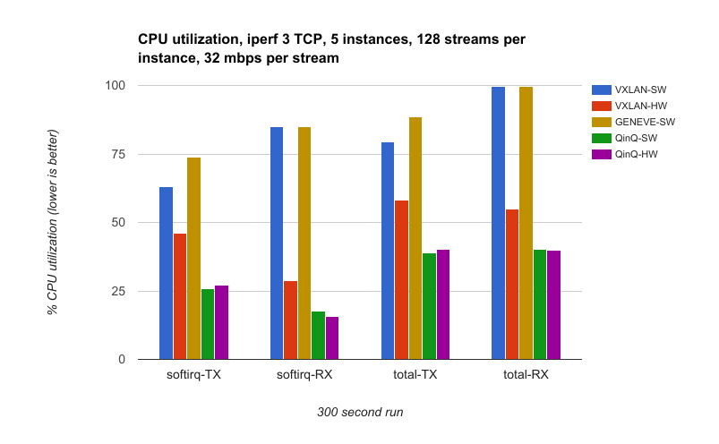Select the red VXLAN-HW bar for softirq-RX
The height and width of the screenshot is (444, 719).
click(x=290, y=320)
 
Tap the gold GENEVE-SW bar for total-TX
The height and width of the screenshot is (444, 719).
click(x=415, y=238)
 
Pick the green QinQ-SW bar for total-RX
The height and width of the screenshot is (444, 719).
click(x=539, y=304)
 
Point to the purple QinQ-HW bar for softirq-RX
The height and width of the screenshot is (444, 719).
click(x=332, y=337)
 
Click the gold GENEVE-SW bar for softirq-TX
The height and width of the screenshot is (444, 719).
click(x=193, y=258)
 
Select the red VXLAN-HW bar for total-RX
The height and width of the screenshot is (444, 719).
click(x=511, y=284)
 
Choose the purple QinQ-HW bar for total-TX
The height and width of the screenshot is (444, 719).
click(x=442, y=304)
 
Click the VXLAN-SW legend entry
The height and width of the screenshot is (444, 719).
click(x=640, y=90)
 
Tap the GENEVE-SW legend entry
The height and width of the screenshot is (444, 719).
click(x=644, y=123)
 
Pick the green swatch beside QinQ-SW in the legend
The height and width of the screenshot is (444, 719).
click(x=601, y=139)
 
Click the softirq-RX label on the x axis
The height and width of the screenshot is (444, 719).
click(x=304, y=375)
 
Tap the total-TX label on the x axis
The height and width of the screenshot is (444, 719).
click(x=415, y=375)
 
